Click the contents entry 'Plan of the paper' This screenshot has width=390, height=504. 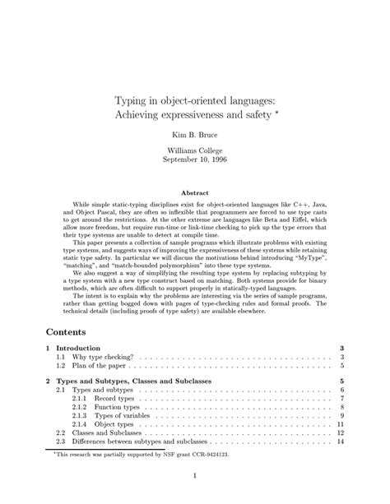(100, 367)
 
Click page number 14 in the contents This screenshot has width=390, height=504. (340, 442)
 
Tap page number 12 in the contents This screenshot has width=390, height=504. (340, 432)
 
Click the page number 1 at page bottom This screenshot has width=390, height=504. (194, 479)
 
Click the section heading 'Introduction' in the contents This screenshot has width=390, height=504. (83, 349)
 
